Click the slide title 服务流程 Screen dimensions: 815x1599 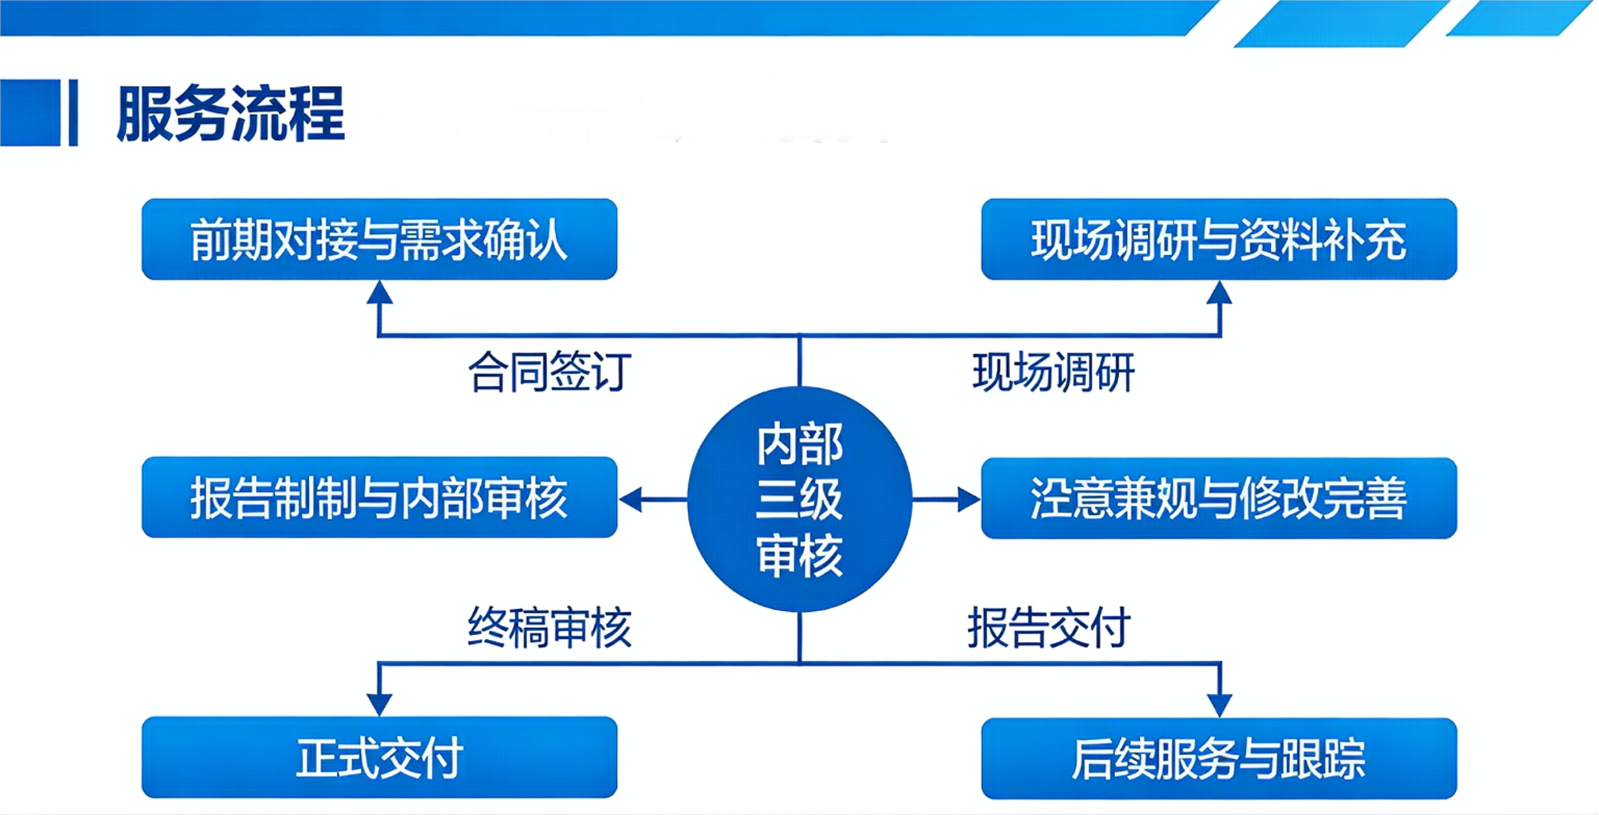pyautogui.click(x=230, y=114)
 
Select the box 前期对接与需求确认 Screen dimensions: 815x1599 pyautogui.click(x=380, y=239)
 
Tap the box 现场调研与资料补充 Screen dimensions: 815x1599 pyautogui.click(x=1218, y=239)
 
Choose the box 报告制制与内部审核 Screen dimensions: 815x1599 pyautogui.click(x=380, y=498)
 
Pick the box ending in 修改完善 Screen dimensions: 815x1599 pyautogui.click(x=1218, y=498)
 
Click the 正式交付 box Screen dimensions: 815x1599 pyautogui.click(x=380, y=757)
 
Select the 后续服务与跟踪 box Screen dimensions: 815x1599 pyautogui.click(x=1218, y=758)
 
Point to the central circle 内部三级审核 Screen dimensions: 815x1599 pyautogui.click(x=799, y=498)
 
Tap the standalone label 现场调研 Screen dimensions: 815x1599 pyautogui.click(x=1053, y=372)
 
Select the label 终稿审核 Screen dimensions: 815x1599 pyautogui.click(x=550, y=628)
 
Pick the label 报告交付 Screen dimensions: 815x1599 pyautogui.click(x=1049, y=628)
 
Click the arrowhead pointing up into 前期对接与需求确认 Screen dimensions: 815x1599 pyautogui.click(x=380, y=293)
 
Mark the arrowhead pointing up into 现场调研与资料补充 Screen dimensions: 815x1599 pyautogui.click(x=1219, y=293)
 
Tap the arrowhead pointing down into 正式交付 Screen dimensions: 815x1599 pyautogui.click(x=380, y=704)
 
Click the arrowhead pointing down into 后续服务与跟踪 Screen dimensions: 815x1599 pyautogui.click(x=1219, y=705)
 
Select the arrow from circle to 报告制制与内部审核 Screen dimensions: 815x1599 pyautogui.click(x=652, y=499)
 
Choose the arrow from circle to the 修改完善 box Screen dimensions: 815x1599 pyautogui.click(x=947, y=499)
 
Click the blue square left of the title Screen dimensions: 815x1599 pyautogui.click(x=30, y=112)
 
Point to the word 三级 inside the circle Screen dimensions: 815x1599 pyautogui.click(x=799, y=499)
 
